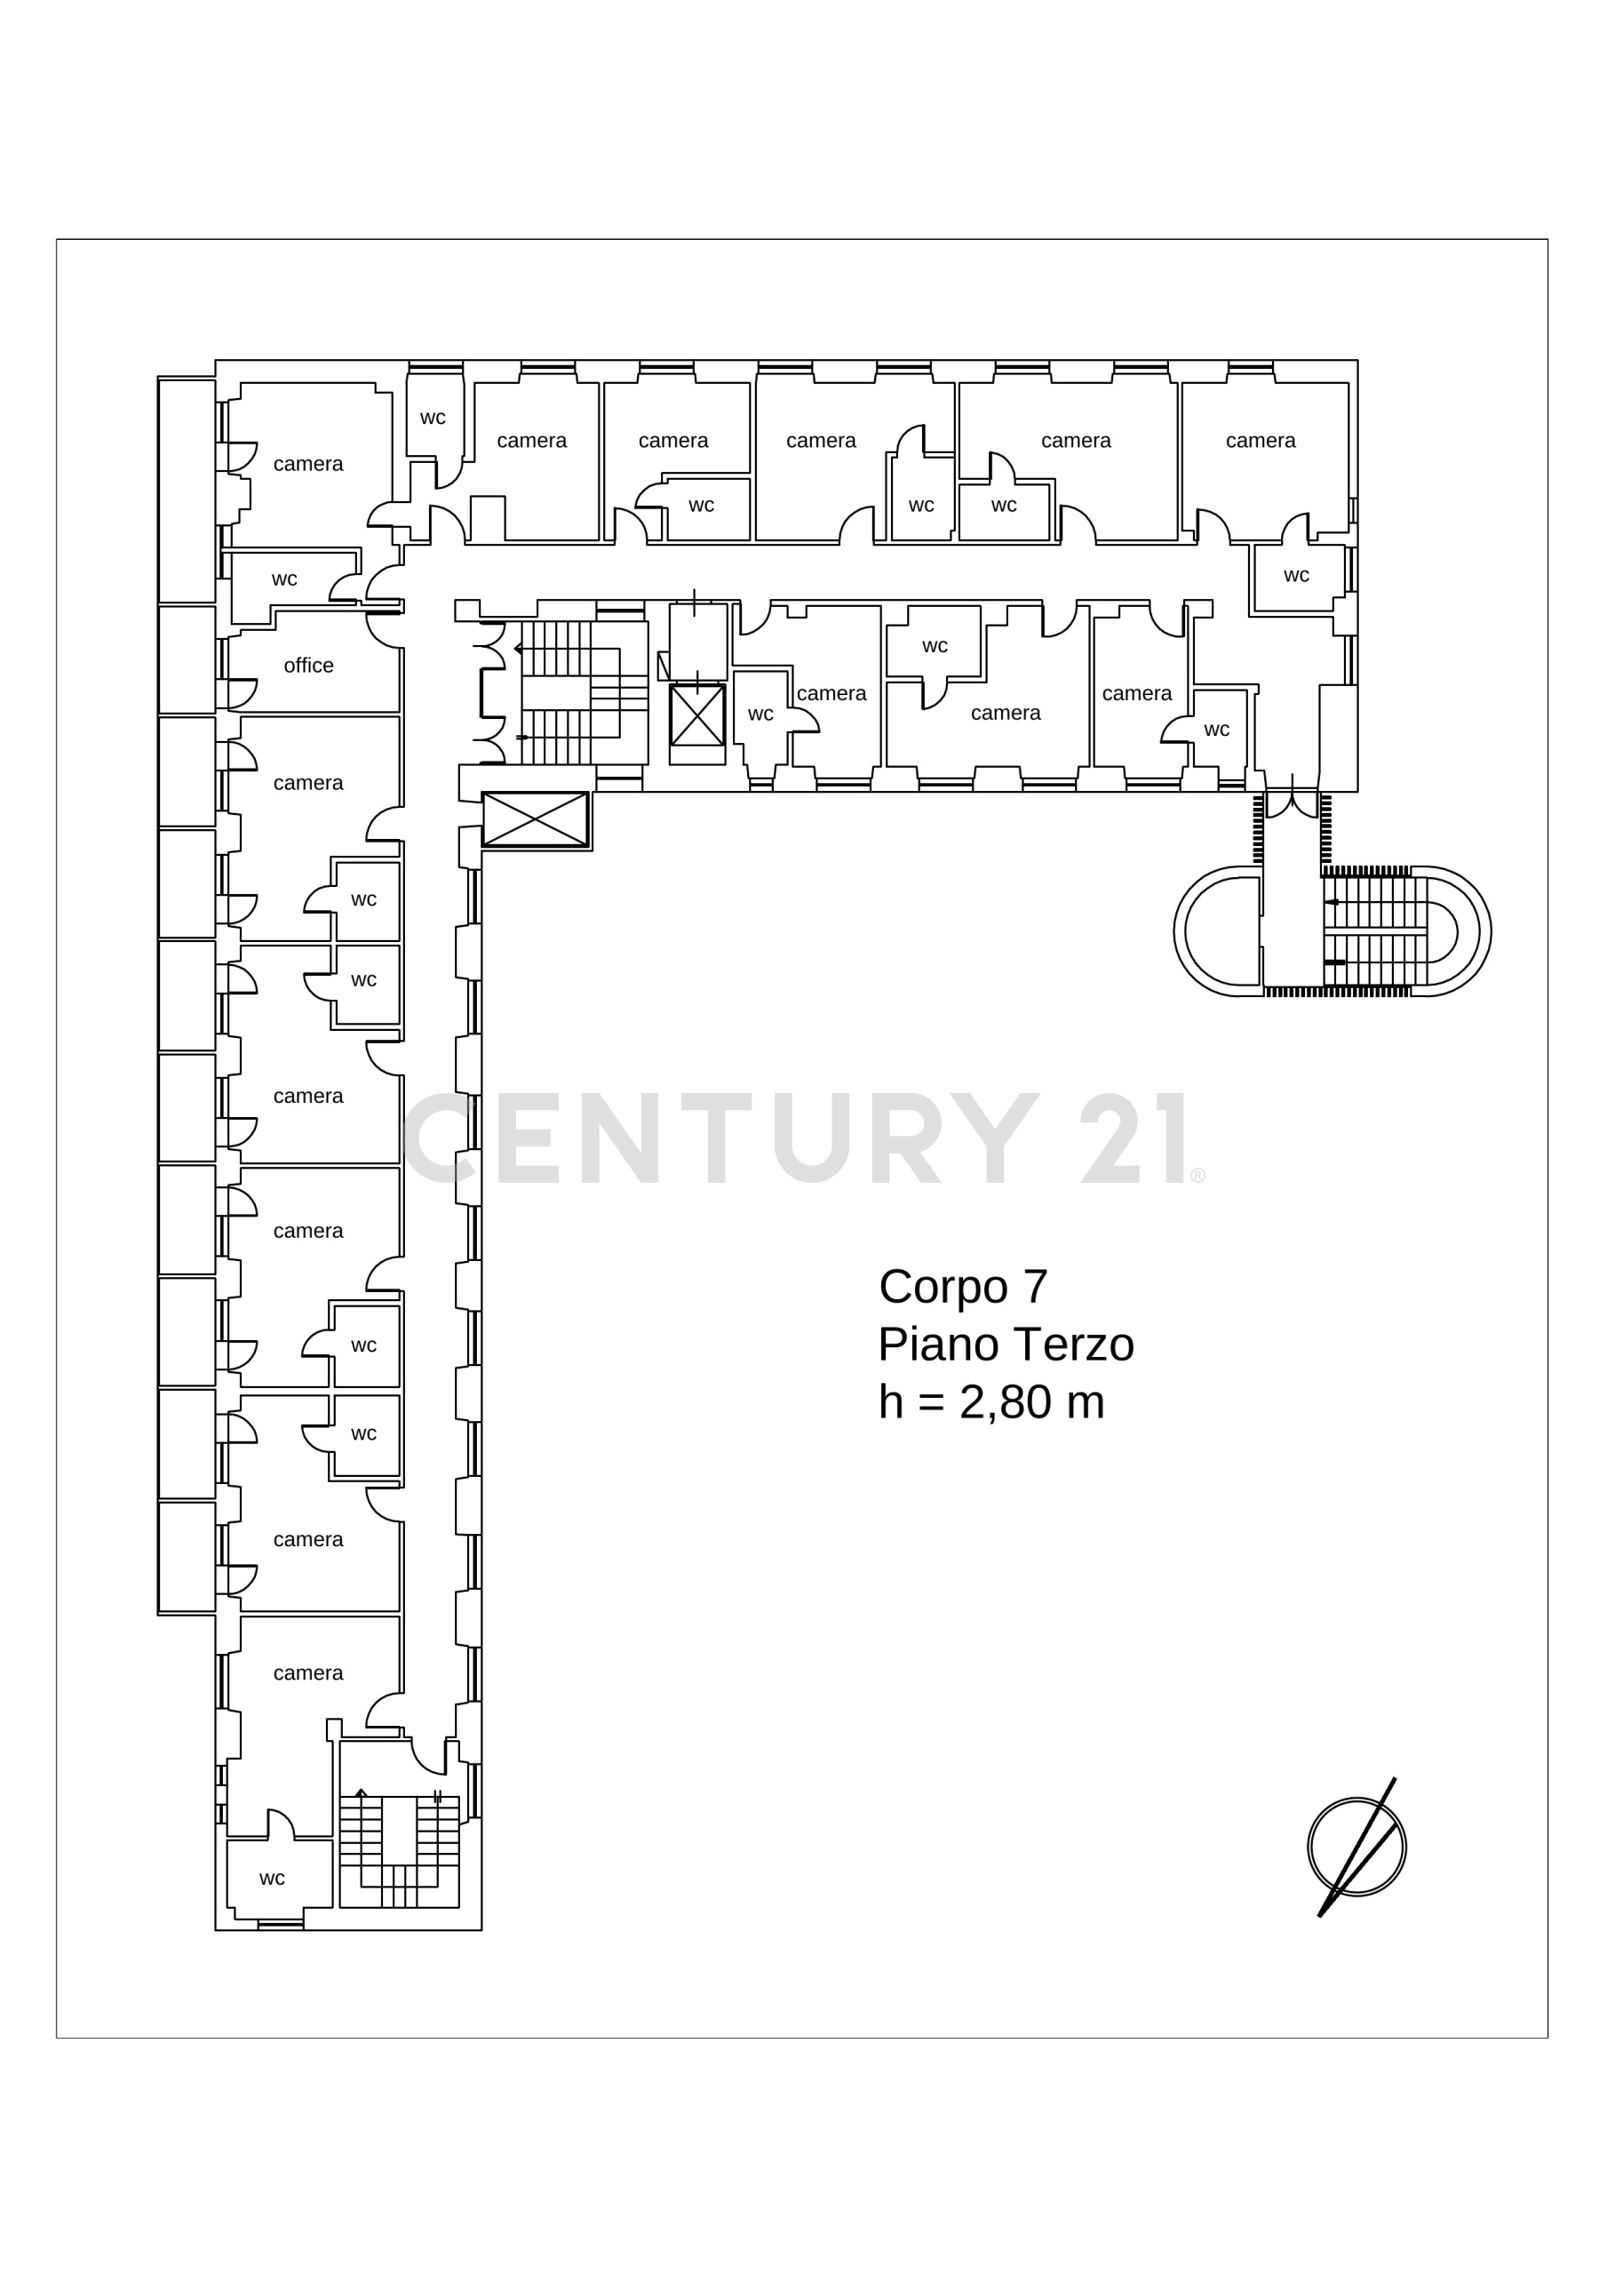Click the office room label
click(x=308, y=665)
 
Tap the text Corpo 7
click(x=963, y=1286)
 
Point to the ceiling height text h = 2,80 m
click(x=990, y=1401)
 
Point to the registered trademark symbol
click(x=1197, y=1175)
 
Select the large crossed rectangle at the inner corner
click(x=535, y=818)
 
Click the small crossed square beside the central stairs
click(x=697, y=715)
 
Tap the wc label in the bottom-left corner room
click(x=273, y=1878)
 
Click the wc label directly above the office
click(x=284, y=579)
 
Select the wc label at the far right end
click(x=1296, y=575)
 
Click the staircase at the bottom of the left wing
click(x=399, y=1851)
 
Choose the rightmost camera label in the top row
click(x=1261, y=440)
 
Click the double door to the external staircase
click(x=1292, y=803)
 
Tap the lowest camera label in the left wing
click(x=308, y=1672)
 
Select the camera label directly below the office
click(x=308, y=783)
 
